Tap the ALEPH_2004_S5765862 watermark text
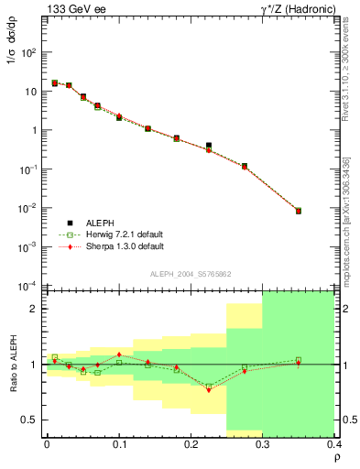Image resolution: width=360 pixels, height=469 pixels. [x=190, y=274]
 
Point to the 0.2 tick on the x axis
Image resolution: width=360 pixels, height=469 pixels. [x=191, y=446]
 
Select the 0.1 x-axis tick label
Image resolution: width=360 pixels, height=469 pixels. [x=119, y=446]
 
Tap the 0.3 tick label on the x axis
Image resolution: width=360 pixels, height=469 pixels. [x=262, y=446]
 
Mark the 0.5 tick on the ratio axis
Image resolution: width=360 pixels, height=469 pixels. [x=33, y=420]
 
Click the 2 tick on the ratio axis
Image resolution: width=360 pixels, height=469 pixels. [x=38, y=309]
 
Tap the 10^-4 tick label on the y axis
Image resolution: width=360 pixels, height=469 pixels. [x=28, y=286]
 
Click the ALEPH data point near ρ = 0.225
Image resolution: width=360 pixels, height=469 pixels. [x=209, y=146]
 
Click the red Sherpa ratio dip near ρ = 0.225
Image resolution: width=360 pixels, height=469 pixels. [x=209, y=390]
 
